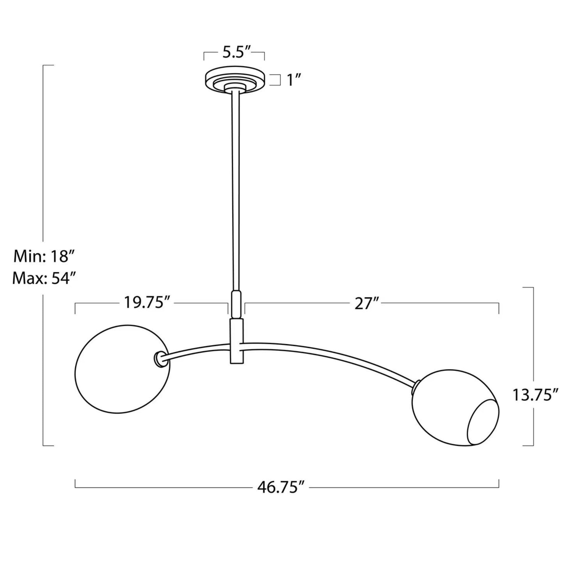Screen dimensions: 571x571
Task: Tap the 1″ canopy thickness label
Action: point(294,80)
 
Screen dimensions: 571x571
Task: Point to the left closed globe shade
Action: point(122,369)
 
